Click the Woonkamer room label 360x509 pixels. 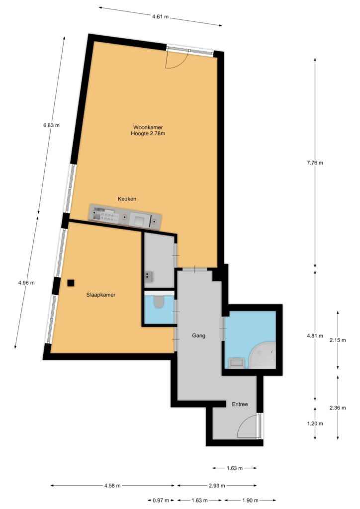click(x=148, y=127)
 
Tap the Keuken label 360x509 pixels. click(x=127, y=199)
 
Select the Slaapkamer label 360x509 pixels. click(x=100, y=295)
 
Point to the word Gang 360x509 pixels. click(x=199, y=336)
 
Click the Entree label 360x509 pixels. click(x=240, y=404)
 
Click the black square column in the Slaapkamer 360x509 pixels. click(x=71, y=283)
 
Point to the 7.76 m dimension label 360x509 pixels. click(x=315, y=163)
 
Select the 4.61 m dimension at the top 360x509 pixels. click(x=161, y=17)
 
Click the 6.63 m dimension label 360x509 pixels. click(x=51, y=125)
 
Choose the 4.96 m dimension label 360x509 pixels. click(x=26, y=283)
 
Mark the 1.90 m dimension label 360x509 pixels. click(x=250, y=500)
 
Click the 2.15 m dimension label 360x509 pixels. click(x=338, y=340)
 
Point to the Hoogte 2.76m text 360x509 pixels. click(x=148, y=133)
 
